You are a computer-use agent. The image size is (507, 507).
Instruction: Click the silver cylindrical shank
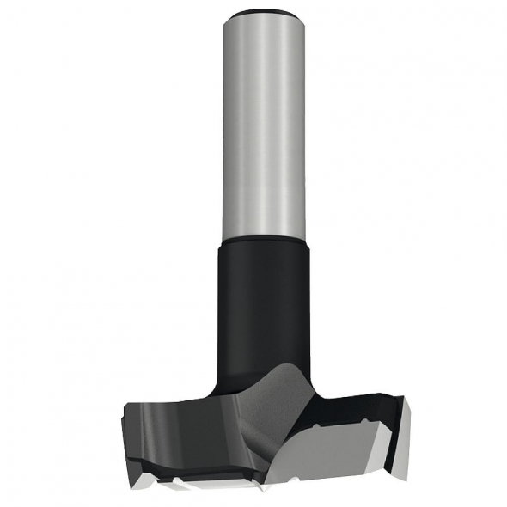click(x=263, y=129)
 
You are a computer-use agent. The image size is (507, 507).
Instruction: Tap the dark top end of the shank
click(x=263, y=11)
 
